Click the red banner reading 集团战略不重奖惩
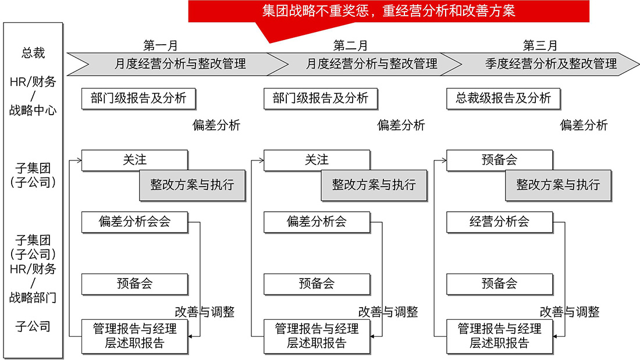[389, 11]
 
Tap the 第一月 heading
[160, 45]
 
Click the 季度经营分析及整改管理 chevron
[550, 63]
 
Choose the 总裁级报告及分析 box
[503, 98]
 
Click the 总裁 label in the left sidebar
[33, 53]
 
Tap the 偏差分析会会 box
[134, 222]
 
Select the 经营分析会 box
[499, 222]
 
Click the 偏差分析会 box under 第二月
[317, 222]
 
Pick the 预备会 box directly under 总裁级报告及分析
[499, 160]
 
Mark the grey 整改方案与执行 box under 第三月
[558, 185]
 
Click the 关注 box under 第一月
[134, 160]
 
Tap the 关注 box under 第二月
[317, 160]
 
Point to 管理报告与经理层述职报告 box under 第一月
[134, 336]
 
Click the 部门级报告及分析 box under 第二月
[320, 98]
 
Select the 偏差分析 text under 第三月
[584, 125]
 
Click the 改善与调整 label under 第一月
[205, 312]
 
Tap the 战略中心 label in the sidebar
[33, 109]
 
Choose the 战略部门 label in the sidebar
[33, 298]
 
